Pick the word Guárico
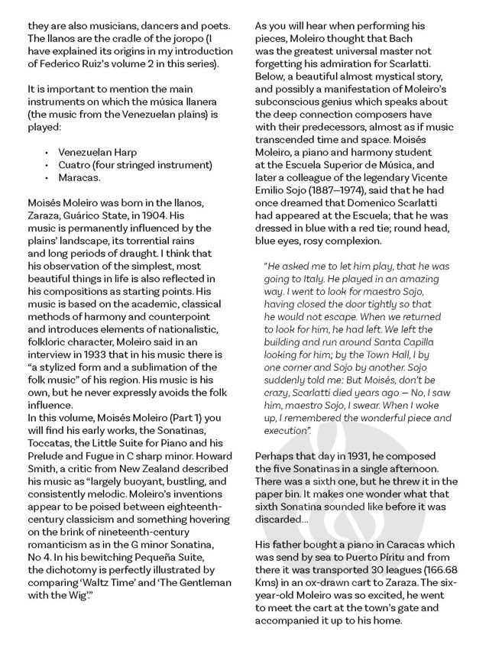tap(85, 216)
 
